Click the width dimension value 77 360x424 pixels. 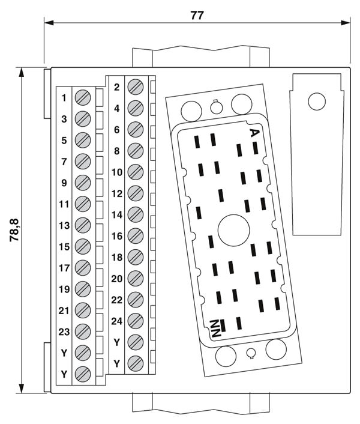coord(197,15)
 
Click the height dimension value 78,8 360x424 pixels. coord(14,230)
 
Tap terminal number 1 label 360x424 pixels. coord(64,98)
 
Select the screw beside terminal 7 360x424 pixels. coord(83,162)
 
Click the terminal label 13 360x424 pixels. coord(64,226)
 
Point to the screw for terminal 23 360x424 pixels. coord(83,332)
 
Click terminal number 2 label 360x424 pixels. coord(116,87)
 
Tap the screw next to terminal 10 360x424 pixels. coord(136,172)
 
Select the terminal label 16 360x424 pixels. coord(117,236)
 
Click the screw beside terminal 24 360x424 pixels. coord(136,321)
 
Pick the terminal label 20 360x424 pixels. coord(117,279)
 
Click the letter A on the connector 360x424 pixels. coord(254,133)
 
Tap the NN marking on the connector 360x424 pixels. coord(216,328)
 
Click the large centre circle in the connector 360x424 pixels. coord(233,231)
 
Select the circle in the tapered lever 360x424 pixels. coord(317,101)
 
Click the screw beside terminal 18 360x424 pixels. coord(136,257)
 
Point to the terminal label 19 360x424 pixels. coord(64,289)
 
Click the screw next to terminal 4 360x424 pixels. coord(136,109)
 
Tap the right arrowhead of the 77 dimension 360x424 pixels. coord(346,23)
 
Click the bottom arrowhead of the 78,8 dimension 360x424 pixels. coord(21,389)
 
